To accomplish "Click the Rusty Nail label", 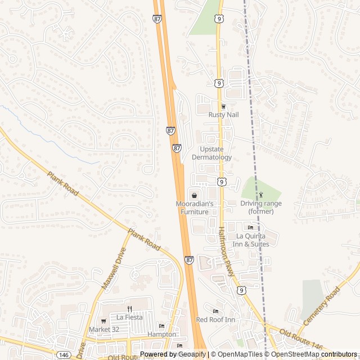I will [223, 115].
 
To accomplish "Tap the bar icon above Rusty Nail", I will [223, 106].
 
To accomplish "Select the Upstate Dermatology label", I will [211, 153].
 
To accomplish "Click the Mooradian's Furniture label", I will [194, 208].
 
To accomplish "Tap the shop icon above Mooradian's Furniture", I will [194, 195].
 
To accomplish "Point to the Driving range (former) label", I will [261, 207].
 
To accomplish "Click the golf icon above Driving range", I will [261, 195].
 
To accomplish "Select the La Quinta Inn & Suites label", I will [252, 240].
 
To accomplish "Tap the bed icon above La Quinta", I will [250, 227].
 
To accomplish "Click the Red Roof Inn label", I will [215, 319].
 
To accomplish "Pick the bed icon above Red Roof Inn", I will [215, 311].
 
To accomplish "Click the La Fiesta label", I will [129, 317].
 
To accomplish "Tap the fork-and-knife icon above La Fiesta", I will [129, 309].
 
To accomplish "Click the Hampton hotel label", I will [162, 334].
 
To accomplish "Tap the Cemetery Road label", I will [321, 305].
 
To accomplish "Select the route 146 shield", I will [64, 355].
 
